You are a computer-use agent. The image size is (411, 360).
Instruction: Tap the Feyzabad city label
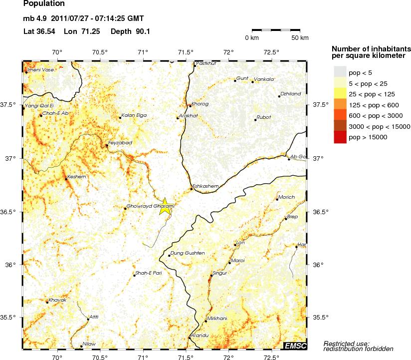[120, 143]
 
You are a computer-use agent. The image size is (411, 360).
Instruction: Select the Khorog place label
[200, 104]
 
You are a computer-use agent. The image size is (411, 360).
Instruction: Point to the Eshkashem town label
[205, 186]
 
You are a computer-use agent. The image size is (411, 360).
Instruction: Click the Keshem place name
[76, 177]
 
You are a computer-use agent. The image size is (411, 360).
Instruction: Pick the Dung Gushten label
[188, 253]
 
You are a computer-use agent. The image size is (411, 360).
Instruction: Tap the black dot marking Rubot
[255, 120]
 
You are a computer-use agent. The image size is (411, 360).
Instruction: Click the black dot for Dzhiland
[279, 96]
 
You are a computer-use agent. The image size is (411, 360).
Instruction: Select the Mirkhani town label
[216, 318]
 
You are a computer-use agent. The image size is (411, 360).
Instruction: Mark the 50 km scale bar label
[300, 38]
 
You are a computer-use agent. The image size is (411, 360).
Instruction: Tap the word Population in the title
[44, 4]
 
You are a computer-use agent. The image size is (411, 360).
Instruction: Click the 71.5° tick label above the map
[186, 52]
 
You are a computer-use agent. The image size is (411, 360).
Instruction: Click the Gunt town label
[242, 78]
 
